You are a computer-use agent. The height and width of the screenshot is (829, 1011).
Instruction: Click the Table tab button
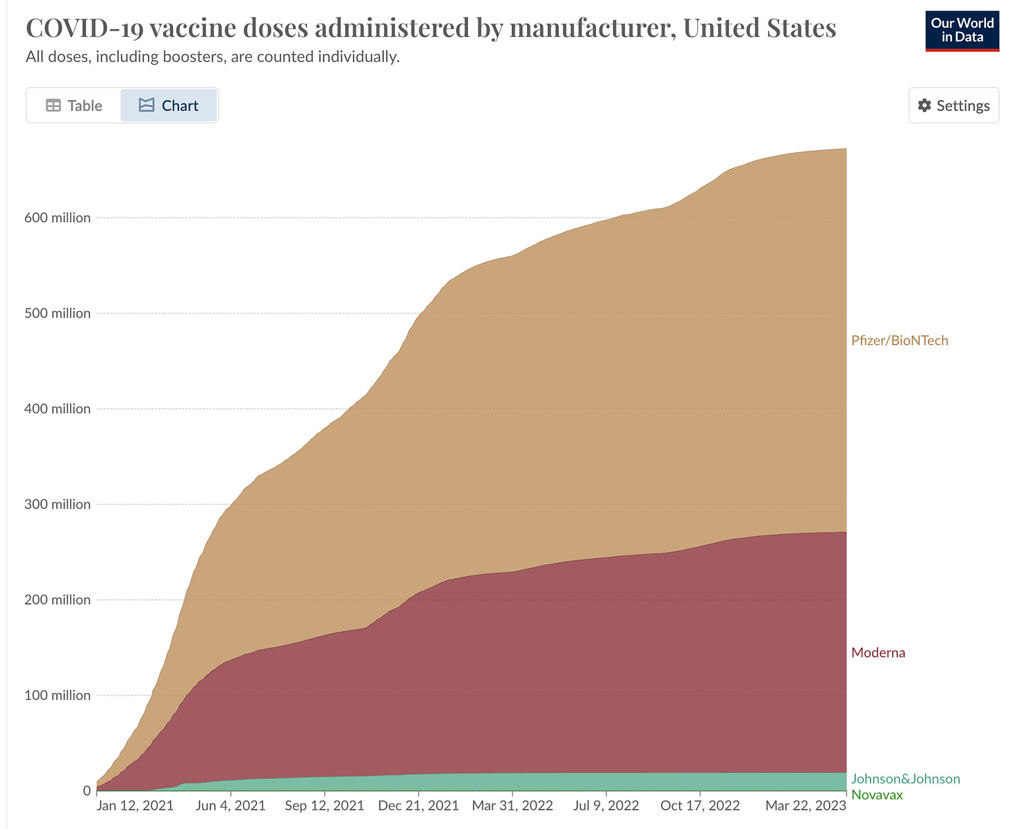coord(74,106)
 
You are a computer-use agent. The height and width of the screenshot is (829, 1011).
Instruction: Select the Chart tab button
coord(169,106)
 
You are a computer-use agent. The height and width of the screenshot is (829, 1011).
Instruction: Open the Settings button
coord(953,106)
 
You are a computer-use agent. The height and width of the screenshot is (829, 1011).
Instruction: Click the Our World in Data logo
coord(962,31)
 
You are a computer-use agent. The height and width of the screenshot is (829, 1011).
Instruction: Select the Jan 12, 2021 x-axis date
coord(135,805)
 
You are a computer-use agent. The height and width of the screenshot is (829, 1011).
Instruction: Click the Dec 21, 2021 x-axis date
coord(418,805)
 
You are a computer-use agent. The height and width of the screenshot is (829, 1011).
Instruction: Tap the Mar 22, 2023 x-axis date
coord(805,805)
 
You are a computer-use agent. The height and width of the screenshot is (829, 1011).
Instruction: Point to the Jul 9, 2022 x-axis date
coord(606,805)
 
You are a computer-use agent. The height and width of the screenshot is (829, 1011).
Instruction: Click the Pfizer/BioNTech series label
coord(899,340)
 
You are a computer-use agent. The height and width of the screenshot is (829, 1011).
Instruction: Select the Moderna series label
coord(878,653)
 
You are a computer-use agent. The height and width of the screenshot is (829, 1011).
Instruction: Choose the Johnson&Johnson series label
coord(905,779)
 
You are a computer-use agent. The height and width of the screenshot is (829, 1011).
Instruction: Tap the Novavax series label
coord(877,795)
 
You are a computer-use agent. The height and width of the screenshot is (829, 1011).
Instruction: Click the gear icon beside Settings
coord(924,106)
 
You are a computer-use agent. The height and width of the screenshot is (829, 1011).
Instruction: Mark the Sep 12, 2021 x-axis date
coord(324,805)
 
